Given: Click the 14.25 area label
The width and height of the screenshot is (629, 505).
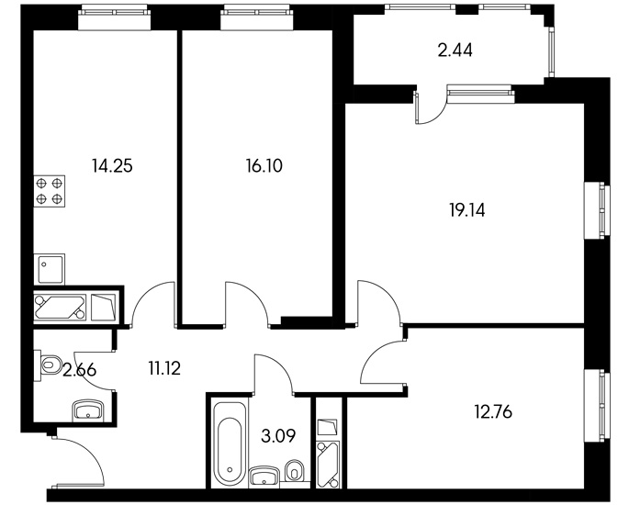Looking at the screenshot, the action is click(112, 165).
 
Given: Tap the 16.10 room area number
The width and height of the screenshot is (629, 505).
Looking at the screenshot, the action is click(264, 165).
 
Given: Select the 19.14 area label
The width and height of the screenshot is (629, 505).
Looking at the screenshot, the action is click(467, 210).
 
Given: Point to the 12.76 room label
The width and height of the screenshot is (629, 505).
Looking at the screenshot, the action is click(493, 412).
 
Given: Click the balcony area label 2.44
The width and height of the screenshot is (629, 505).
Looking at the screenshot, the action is click(455, 50).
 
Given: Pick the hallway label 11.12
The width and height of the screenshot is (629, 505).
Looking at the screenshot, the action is click(164, 368).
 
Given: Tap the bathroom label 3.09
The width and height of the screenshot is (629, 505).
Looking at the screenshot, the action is click(278, 436).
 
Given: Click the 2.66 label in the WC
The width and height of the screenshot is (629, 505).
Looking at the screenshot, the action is click(80, 370).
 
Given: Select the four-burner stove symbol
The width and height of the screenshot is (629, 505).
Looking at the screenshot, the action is click(50, 191).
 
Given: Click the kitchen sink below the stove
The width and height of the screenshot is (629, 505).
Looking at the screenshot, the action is click(50, 269).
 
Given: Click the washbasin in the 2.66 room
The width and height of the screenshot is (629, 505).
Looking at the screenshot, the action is click(88, 410).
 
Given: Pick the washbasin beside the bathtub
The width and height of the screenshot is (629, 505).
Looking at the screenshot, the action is click(264, 477).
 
